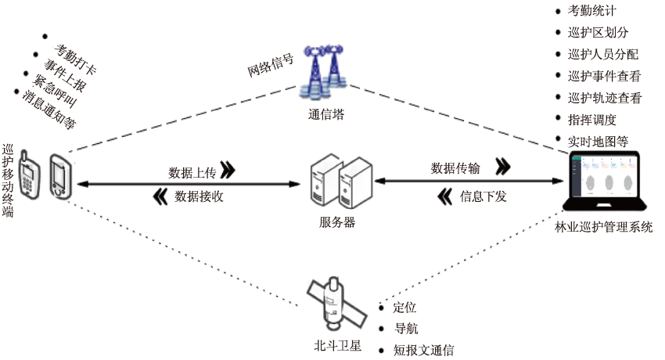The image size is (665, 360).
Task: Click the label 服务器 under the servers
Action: (337, 221)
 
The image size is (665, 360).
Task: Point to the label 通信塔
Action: (325, 114)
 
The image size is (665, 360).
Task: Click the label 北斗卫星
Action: (335, 344)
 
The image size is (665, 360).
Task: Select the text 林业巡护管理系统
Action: (603, 227)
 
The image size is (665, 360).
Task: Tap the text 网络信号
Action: (270, 67)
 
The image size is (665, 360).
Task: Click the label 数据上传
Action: (192, 171)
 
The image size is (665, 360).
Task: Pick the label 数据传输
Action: (455, 167)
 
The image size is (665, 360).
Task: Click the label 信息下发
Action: (483, 196)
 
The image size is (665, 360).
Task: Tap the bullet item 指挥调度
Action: (592, 120)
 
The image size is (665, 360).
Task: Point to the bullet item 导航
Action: (405, 329)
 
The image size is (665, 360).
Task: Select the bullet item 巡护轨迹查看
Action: (605, 98)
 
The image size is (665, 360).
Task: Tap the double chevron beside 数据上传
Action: (228, 171)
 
